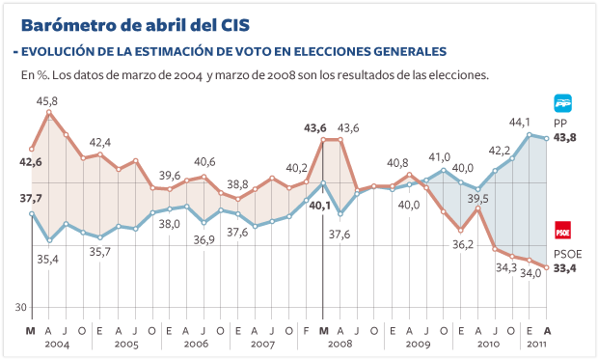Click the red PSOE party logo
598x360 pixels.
click(x=562, y=231)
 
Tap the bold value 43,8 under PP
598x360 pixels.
click(x=566, y=138)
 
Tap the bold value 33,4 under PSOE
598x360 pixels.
click(x=566, y=267)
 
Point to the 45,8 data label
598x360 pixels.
click(x=46, y=100)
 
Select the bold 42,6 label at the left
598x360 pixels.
click(x=31, y=162)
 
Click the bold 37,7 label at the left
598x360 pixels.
click(x=31, y=198)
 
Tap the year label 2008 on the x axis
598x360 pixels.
click(x=340, y=344)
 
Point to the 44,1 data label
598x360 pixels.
click(x=520, y=122)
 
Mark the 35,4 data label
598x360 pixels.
click(x=46, y=259)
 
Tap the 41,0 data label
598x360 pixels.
click(x=439, y=156)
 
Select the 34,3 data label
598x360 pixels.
click(x=506, y=266)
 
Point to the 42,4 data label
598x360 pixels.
click(x=100, y=142)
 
